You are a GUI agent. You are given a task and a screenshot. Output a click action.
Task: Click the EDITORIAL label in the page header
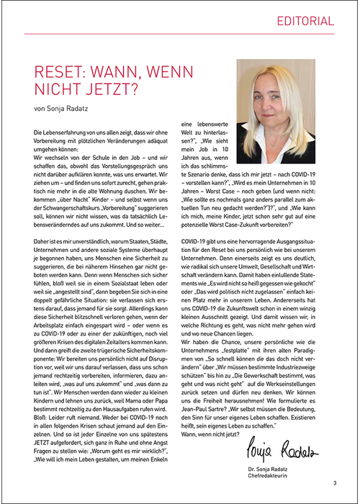[x=306, y=22]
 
